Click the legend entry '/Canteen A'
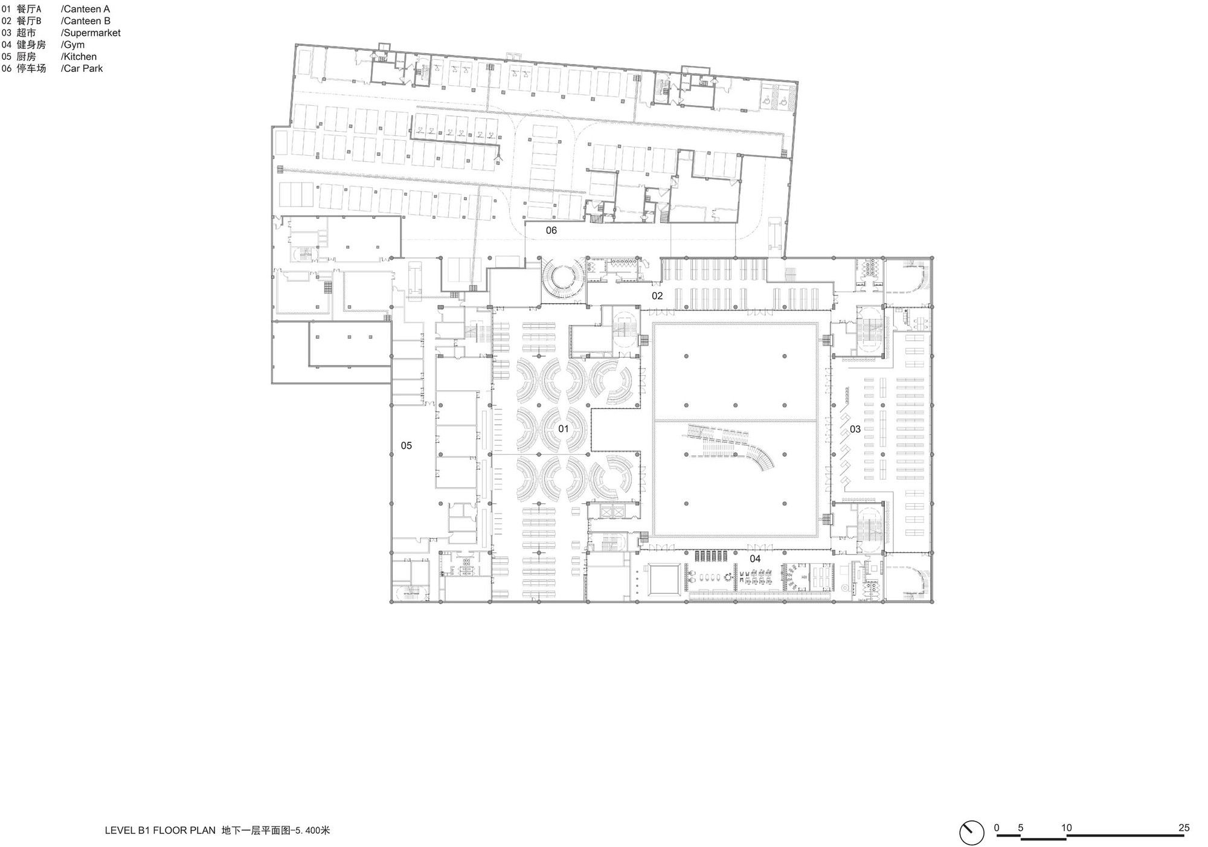(x=85, y=9)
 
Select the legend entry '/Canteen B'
(x=85, y=21)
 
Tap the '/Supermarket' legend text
(x=91, y=33)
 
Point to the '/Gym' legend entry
(x=72, y=45)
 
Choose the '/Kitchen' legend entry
(x=79, y=57)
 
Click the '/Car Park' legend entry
(x=82, y=68)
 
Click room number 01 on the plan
(x=563, y=429)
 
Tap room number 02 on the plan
(x=657, y=296)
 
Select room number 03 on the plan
(x=855, y=429)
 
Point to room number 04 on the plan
(x=755, y=559)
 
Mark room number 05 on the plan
(x=406, y=445)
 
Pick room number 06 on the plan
(x=551, y=230)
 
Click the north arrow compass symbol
(x=972, y=833)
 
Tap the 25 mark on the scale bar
(x=1184, y=828)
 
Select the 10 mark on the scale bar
(x=1067, y=828)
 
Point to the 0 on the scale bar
(x=997, y=828)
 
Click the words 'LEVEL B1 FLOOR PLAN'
(x=160, y=830)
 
